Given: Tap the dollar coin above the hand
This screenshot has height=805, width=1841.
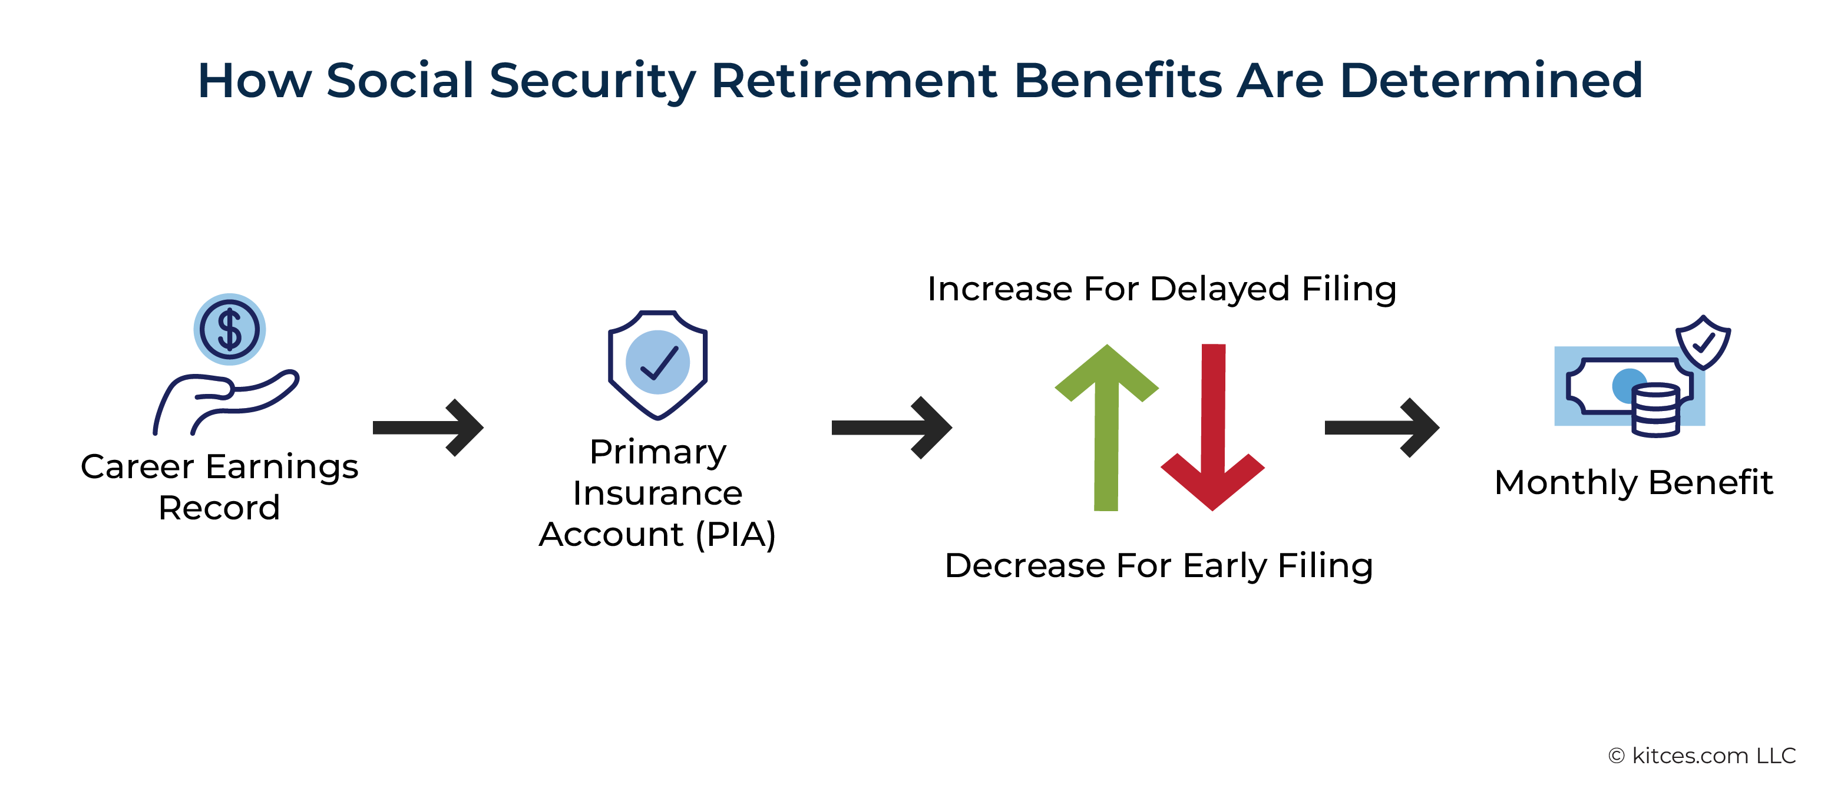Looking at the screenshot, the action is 229,329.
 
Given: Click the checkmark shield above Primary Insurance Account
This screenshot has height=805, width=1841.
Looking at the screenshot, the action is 657,365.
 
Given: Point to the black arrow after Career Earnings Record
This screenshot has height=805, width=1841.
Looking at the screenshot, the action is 428,427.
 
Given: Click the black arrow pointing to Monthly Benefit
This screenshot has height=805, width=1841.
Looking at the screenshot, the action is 1382,427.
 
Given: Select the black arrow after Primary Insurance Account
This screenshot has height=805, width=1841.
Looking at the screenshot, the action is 892,427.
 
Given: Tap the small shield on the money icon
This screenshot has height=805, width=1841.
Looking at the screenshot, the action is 1703,342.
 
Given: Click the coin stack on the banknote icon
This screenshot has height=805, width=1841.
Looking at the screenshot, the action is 1655,410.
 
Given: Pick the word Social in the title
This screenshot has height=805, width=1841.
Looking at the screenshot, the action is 400,80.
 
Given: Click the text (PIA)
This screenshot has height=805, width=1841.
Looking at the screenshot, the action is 736,534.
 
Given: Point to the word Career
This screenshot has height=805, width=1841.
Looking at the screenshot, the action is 137,467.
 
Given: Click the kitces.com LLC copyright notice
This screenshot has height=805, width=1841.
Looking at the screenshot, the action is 1701,756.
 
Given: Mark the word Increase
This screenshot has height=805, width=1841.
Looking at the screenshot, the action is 999,289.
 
